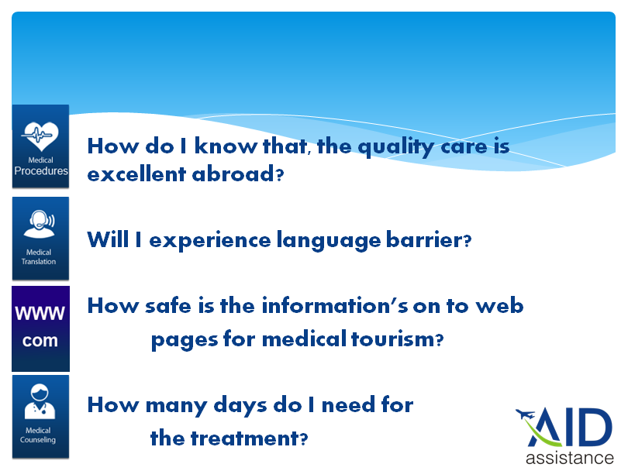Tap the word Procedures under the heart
point(41,171)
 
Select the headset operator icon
point(40,225)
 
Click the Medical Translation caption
point(39,257)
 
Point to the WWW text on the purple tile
point(40,313)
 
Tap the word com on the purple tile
point(40,341)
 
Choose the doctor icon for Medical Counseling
point(40,401)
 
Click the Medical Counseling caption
point(38,435)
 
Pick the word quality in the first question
point(395,147)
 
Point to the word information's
point(335,306)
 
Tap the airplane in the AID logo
point(525,414)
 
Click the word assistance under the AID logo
point(570,458)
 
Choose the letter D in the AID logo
point(597,427)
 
